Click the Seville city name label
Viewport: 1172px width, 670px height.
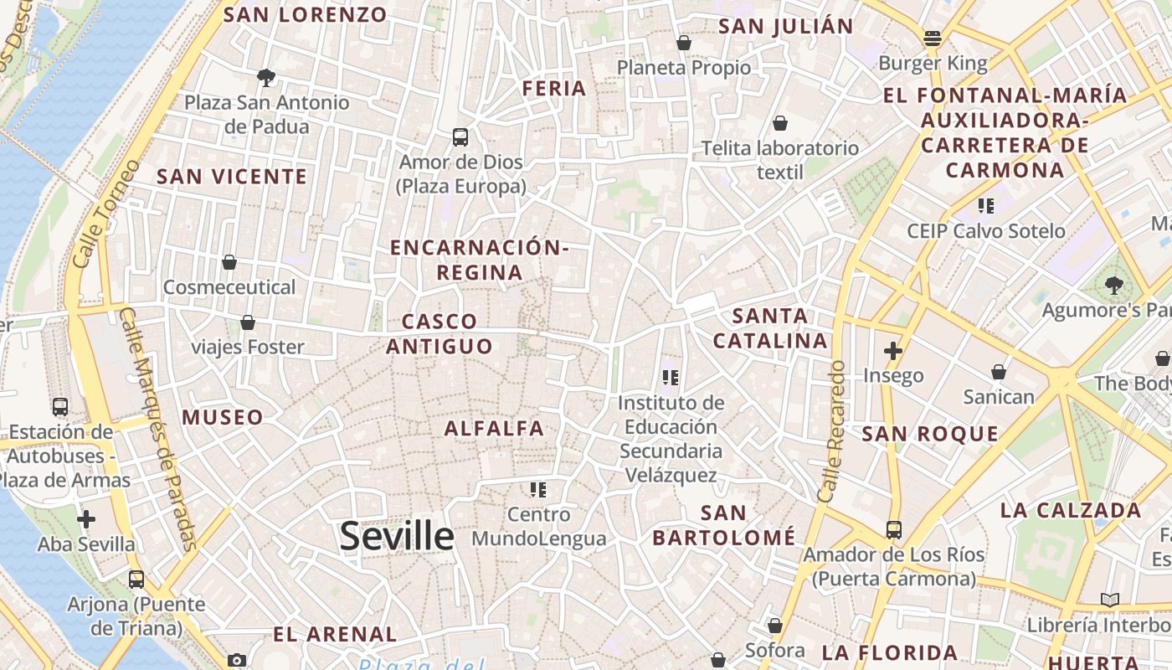click(x=397, y=536)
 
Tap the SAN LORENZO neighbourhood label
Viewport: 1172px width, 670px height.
click(x=306, y=15)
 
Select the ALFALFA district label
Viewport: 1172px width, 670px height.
click(x=494, y=429)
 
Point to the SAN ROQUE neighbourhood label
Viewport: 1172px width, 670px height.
click(x=930, y=434)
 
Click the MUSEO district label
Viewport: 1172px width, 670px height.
click(x=223, y=417)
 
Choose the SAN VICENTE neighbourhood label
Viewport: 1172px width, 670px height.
click(x=232, y=177)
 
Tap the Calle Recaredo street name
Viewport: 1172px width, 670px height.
click(x=832, y=431)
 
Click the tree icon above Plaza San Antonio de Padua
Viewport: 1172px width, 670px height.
click(x=266, y=78)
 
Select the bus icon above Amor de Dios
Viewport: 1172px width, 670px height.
click(x=460, y=137)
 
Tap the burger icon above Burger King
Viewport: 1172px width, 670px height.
click(x=933, y=38)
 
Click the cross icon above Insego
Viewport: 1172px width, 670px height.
click(x=893, y=351)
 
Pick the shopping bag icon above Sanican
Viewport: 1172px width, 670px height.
click(x=998, y=371)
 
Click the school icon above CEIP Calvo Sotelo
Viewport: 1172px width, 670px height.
click(x=986, y=205)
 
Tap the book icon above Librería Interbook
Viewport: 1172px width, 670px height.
click(x=1110, y=600)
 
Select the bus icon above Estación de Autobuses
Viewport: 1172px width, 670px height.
click(x=60, y=407)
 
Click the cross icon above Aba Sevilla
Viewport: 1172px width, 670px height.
click(x=85, y=519)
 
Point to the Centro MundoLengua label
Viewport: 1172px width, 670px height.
click(x=538, y=526)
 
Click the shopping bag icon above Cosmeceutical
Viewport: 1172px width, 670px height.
click(x=229, y=262)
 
